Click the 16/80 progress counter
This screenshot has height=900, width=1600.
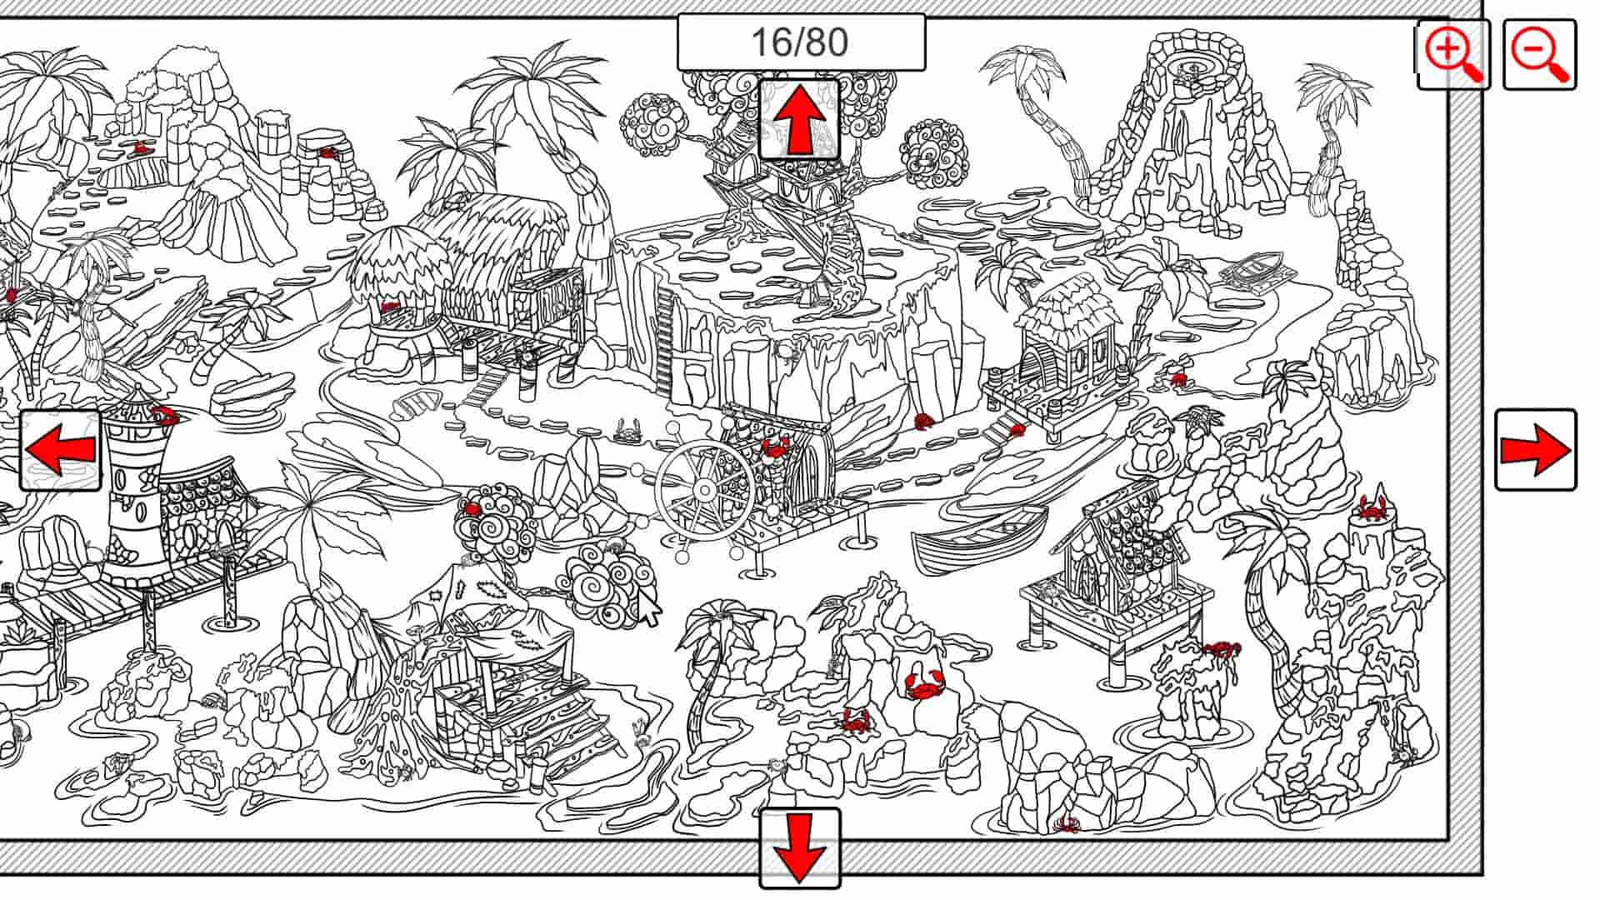coord(800,42)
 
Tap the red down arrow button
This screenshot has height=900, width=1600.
coord(799,848)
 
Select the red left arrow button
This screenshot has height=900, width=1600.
coord(61,450)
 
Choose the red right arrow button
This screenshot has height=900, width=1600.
coord(1535,450)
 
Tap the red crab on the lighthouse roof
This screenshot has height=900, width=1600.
coord(163,412)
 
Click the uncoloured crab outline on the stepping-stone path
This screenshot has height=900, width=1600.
coord(627,432)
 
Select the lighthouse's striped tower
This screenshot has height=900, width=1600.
coord(133,492)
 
